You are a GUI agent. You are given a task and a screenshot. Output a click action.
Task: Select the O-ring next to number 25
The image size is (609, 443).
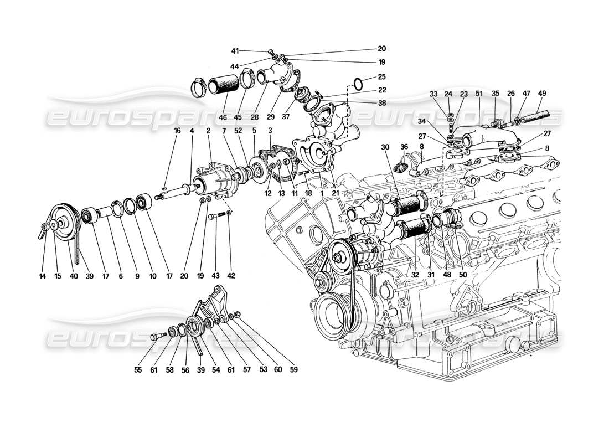pos(358,84)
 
